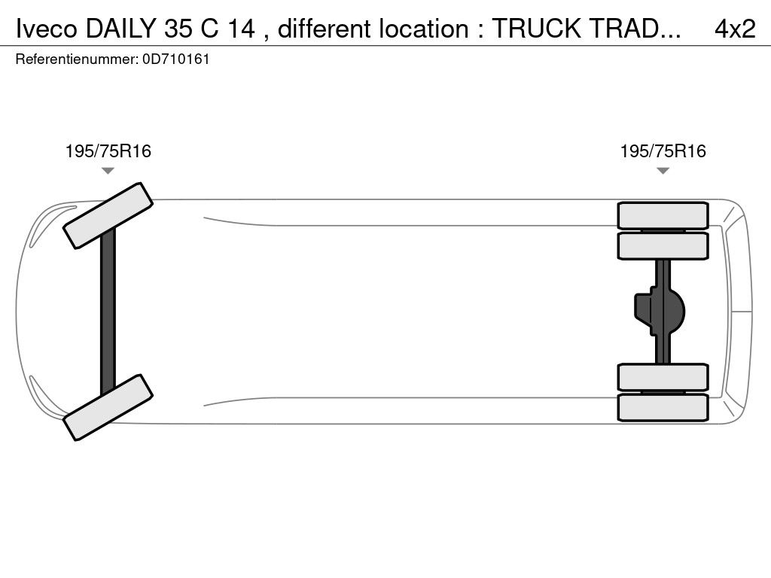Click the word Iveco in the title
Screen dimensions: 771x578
[47, 29]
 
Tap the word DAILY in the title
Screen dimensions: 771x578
[121, 29]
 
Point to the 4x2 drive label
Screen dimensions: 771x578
[735, 29]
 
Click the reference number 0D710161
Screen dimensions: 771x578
[176, 59]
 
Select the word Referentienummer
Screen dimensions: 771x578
[77, 59]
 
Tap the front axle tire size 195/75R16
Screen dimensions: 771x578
[108, 151]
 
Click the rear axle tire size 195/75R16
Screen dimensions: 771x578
[663, 151]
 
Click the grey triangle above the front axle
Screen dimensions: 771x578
[108, 171]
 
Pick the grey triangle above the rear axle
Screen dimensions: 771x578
[663, 171]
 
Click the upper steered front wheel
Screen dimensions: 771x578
[108, 216]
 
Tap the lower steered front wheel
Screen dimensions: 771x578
[108, 407]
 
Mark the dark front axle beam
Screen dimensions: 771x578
[108, 312]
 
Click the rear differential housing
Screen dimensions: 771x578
[660, 311]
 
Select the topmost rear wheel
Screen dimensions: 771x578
[663, 215]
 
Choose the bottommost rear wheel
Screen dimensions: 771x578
[663, 407]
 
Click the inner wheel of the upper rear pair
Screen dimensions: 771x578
[663, 246]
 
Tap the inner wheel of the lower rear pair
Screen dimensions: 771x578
[663, 378]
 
